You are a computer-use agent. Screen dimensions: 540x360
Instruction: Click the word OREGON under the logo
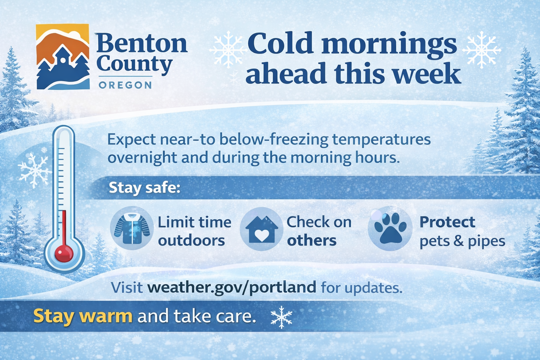tap(125, 85)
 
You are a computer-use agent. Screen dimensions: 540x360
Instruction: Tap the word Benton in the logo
tap(142, 43)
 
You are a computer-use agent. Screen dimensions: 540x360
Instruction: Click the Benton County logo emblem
tap(63, 57)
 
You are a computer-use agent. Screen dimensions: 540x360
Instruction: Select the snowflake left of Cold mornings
tap(227, 49)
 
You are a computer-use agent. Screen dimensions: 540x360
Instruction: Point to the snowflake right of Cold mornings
tap(481, 50)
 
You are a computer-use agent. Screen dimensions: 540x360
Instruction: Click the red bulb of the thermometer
tap(64, 253)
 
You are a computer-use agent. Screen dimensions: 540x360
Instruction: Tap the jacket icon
tap(132, 229)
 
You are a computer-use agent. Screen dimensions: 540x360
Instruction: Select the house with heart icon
tap(262, 229)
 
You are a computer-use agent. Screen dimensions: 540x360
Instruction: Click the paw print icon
tap(390, 229)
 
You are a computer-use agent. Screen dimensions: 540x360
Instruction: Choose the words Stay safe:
tap(144, 188)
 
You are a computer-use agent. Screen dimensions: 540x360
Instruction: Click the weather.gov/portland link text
tap(232, 288)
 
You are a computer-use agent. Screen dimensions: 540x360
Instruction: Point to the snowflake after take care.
tap(281, 317)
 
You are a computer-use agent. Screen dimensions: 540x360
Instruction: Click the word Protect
tap(447, 222)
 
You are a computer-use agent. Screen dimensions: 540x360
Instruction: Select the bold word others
tap(311, 240)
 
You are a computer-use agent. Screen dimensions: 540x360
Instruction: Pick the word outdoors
tap(191, 240)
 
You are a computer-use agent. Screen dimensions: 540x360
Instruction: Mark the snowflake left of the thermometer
tap(35, 171)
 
